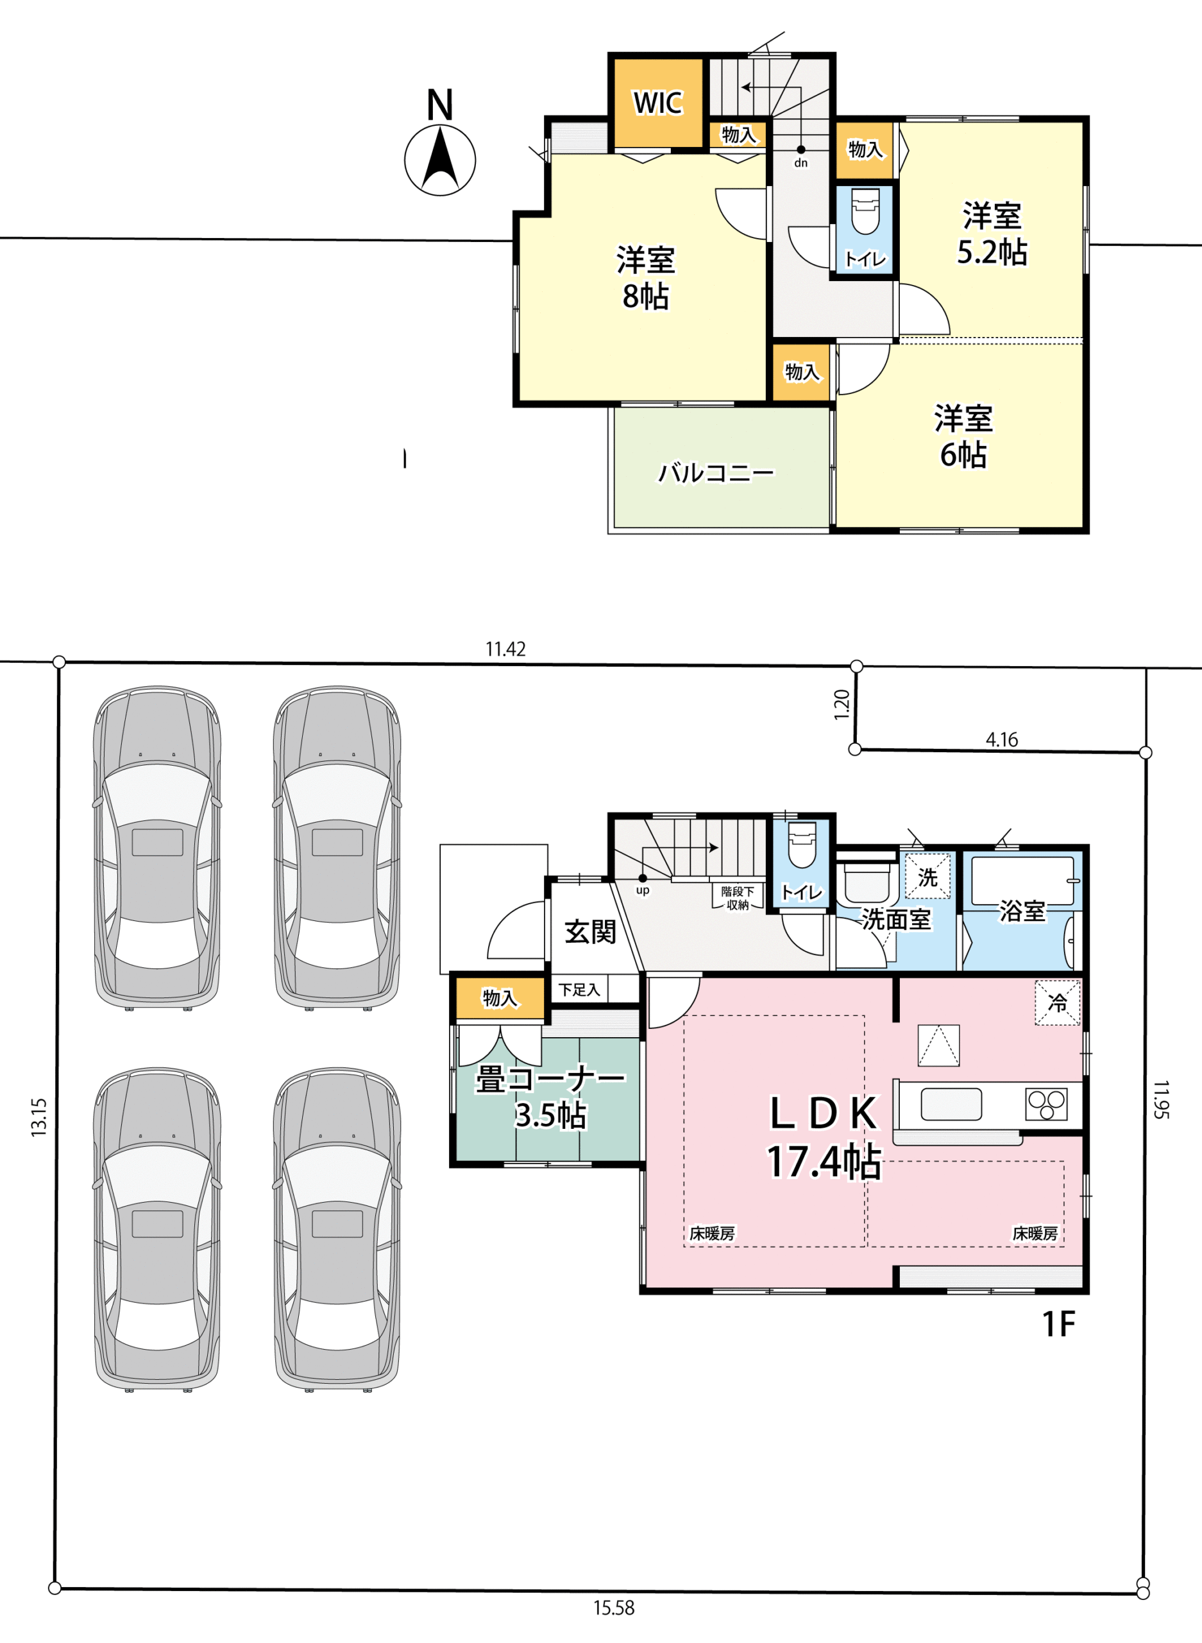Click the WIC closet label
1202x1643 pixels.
(x=657, y=103)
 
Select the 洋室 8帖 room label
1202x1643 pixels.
(x=645, y=277)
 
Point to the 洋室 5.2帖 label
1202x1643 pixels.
(x=992, y=234)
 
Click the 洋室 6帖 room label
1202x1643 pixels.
(x=963, y=436)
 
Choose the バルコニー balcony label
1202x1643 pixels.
(x=716, y=473)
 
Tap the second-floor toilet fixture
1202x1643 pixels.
(x=865, y=211)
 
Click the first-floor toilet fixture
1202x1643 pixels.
(x=802, y=845)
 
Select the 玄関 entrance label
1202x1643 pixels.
(x=590, y=932)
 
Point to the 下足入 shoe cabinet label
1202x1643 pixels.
(x=579, y=989)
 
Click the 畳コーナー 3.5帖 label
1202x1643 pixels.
(x=551, y=1097)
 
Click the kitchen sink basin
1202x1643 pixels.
(x=951, y=1105)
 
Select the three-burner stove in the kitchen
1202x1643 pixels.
(x=1046, y=1104)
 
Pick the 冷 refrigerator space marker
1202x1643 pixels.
(x=1057, y=1003)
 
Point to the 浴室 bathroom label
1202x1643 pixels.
(x=1022, y=911)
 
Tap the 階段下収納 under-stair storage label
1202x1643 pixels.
(x=738, y=899)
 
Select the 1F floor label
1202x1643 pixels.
(x=1059, y=1324)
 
